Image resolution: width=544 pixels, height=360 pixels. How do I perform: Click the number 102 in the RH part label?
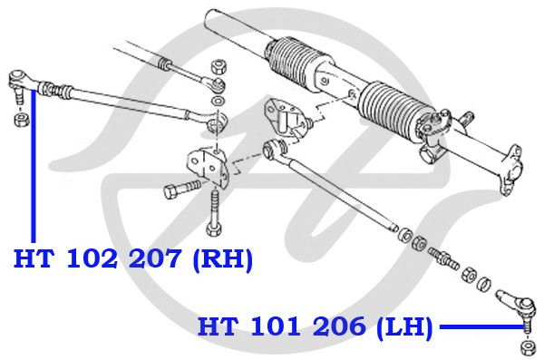[92, 258]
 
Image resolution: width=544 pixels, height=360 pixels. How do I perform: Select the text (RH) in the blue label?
[222, 259]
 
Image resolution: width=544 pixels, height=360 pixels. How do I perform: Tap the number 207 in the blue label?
[154, 258]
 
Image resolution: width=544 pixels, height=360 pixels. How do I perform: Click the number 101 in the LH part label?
[276, 326]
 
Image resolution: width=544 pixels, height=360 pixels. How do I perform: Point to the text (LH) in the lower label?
[404, 327]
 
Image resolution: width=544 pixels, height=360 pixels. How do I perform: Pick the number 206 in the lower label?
[338, 326]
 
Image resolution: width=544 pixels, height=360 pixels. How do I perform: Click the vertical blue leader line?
[34, 166]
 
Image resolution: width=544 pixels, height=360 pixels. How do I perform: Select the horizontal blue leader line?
[481, 326]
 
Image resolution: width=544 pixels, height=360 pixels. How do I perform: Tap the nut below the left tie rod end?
[22, 120]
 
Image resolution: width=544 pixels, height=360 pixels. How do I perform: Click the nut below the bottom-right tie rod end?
[528, 347]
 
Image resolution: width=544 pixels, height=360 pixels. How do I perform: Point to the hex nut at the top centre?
[219, 66]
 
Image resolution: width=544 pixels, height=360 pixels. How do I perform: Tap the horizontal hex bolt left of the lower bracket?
[181, 188]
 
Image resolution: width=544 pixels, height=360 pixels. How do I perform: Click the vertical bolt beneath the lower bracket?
[213, 214]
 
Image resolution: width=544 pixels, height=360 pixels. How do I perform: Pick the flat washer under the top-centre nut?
[218, 102]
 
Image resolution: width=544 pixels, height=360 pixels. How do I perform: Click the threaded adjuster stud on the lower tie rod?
[443, 258]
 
